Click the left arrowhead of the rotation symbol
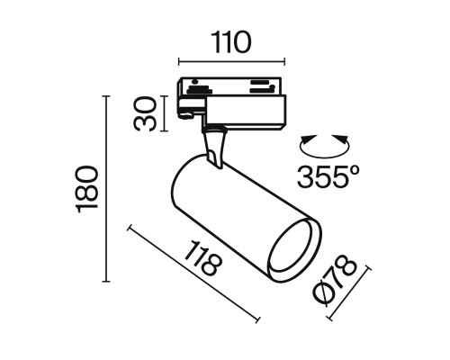tap(302, 141)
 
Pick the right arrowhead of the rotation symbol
tap(346, 141)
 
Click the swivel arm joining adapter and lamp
tap(214, 146)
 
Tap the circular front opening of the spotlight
tap(294, 244)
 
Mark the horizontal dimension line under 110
tap(232, 63)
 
